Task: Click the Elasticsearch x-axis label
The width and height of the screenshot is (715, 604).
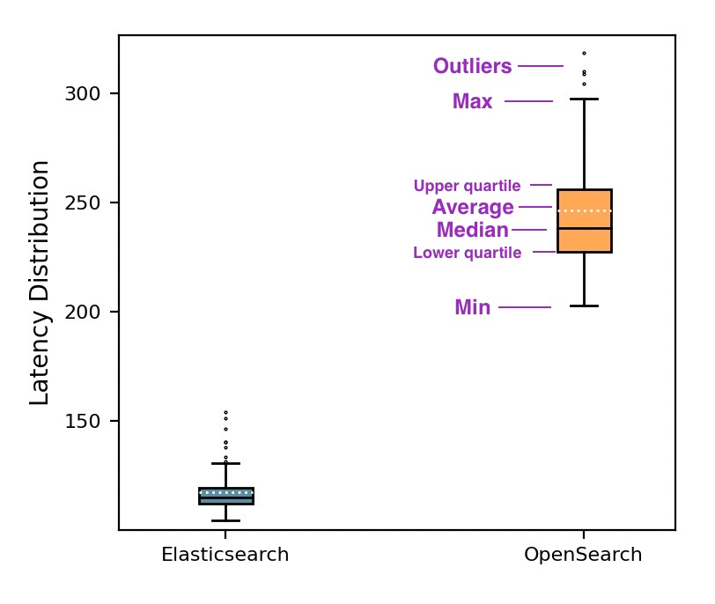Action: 225,556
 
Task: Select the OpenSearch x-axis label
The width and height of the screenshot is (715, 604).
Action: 583,556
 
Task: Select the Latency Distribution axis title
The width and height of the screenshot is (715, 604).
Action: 41,283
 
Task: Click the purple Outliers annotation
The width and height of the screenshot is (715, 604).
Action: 472,67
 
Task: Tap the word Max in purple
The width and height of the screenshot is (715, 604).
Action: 473,102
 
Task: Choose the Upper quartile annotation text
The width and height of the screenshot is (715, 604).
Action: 467,187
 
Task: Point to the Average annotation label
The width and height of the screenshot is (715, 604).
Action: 473,208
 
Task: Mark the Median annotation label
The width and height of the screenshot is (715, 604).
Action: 473,231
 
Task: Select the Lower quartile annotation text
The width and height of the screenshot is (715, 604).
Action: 467,254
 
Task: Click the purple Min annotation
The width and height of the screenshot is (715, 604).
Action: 473,308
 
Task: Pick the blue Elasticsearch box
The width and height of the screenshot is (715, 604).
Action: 226,496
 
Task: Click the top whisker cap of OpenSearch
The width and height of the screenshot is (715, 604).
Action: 584,99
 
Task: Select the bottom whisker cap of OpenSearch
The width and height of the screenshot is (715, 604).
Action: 584,306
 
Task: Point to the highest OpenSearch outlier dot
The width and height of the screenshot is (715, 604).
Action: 584,54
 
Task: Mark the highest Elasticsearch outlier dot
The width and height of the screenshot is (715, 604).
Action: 225,412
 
